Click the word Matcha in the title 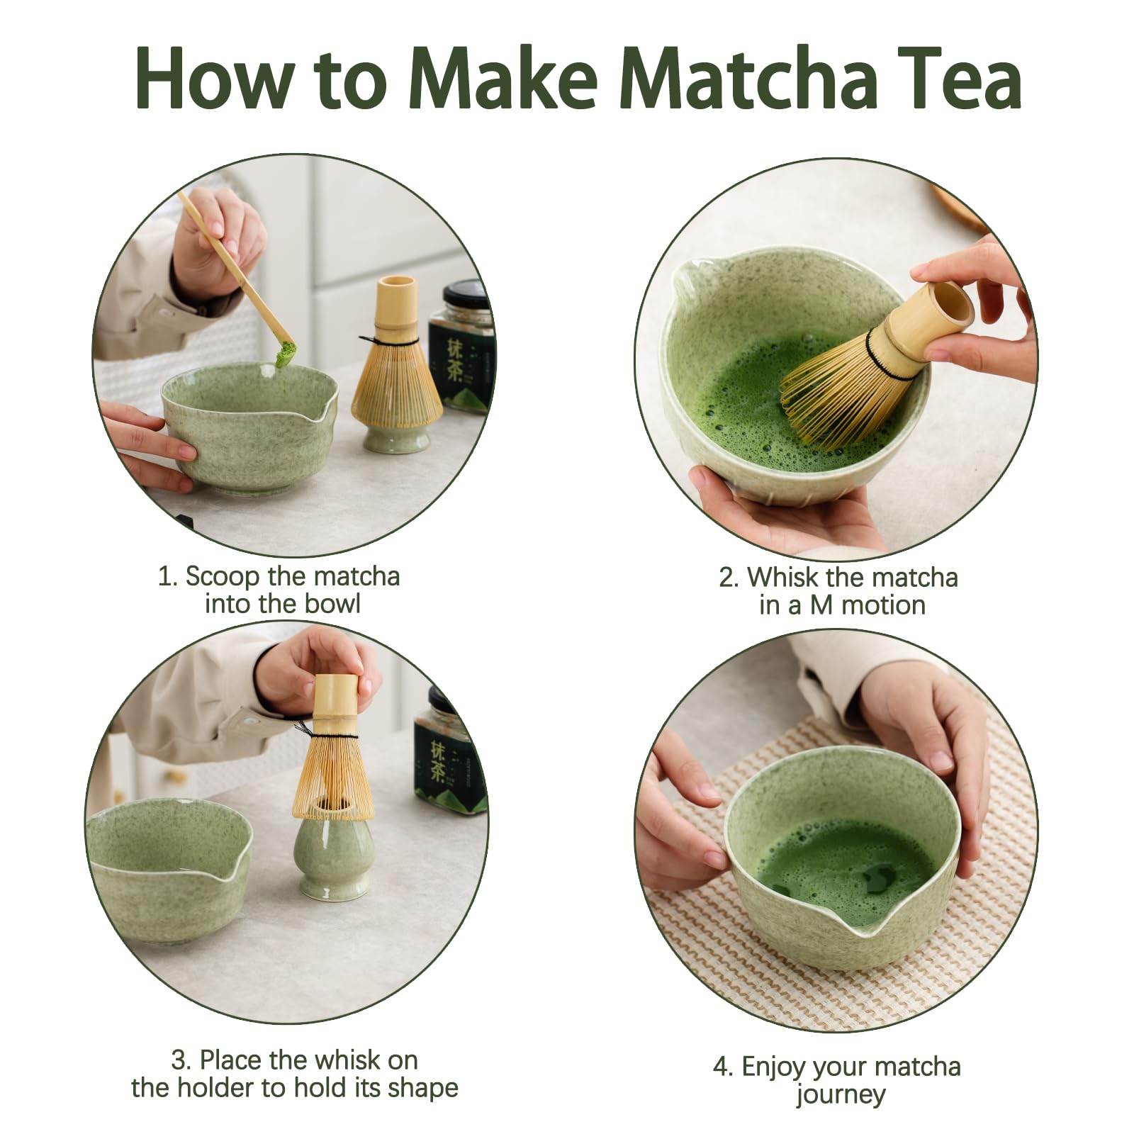click(x=752, y=78)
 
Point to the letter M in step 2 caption click(x=821, y=605)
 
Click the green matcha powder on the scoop click(x=284, y=354)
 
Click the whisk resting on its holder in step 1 click(x=396, y=369)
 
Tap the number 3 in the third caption click(x=179, y=1060)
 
